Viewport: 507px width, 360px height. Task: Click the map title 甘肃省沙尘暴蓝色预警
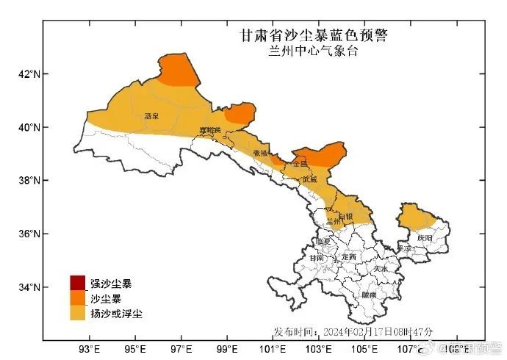point(314,35)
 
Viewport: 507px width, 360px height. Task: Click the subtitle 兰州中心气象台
point(314,51)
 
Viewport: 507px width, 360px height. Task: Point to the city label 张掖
point(262,153)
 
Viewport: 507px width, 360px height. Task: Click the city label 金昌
point(299,164)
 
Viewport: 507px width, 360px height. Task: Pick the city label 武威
point(309,179)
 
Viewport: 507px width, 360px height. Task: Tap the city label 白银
point(345,216)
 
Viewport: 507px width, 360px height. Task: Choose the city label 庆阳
point(425,238)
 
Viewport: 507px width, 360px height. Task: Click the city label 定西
point(349,257)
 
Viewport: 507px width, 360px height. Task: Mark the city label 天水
point(379,269)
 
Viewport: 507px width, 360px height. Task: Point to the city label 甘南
point(317,258)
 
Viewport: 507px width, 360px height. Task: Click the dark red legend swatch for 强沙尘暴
point(78,283)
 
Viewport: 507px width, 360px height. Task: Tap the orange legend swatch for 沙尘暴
point(78,298)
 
